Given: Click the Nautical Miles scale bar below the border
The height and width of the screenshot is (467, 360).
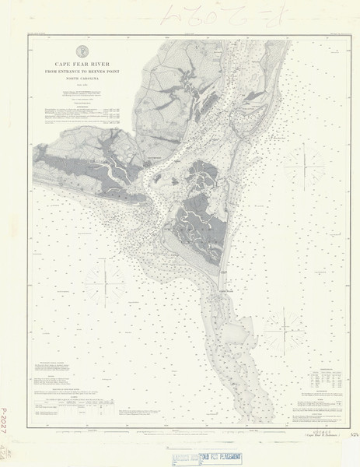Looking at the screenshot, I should pos(180,430).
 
